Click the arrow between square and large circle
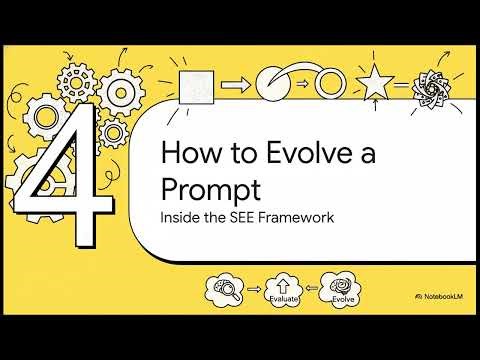[x=234, y=85]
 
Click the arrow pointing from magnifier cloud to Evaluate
[x=257, y=290]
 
